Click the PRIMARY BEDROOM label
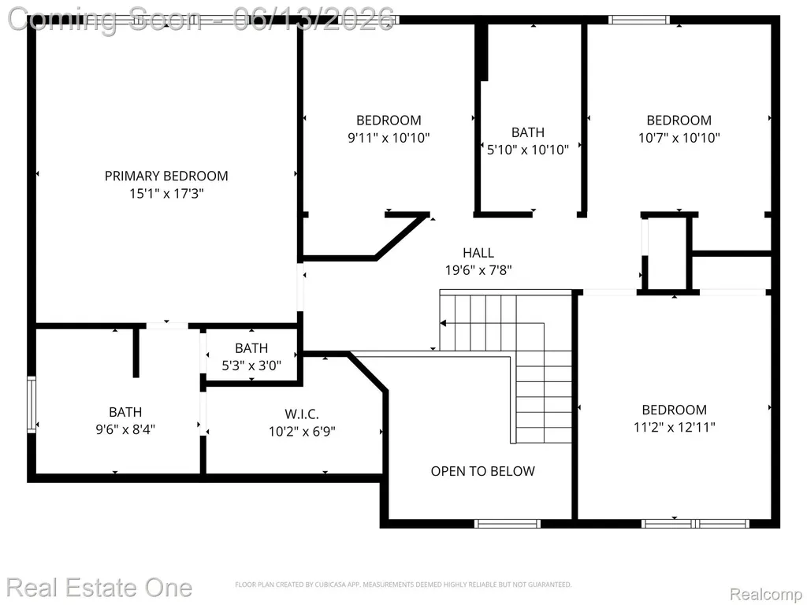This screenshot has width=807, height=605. click(x=166, y=176)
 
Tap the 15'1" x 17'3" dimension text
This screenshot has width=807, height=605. click(x=166, y=194)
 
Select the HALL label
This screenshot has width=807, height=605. click(x=478, y=253)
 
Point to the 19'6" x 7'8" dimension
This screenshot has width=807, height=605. click(x=478, y=270)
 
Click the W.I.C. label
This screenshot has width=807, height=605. click(x=302, y=414)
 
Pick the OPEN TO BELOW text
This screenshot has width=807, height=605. click(x=483, y=471)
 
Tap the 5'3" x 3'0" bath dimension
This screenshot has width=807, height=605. click(x=251, y=366)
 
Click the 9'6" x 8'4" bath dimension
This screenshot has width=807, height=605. click(x=125, y=429)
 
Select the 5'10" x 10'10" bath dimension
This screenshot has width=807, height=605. click(x=527, y=150)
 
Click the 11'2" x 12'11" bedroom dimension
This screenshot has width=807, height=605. click(x=675, y=427)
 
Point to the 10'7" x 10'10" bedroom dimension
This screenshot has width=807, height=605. click(x=679, y=138)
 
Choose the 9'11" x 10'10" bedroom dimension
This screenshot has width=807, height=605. click(x=389, y=138)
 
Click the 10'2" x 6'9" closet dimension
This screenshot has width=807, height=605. click(x=302, y=431)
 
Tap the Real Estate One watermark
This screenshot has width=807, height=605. click(x=99, y=588)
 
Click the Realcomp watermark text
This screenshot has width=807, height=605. click(x=766, y=594)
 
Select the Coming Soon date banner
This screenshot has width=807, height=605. click(x=201, y=20)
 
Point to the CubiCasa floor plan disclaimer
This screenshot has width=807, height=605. click(x=403, y=585)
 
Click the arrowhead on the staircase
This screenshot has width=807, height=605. click(x=443, y=323)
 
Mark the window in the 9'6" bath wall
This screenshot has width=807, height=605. click(x=32, y=405)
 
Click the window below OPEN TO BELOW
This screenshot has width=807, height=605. click(x=508, y=524)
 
